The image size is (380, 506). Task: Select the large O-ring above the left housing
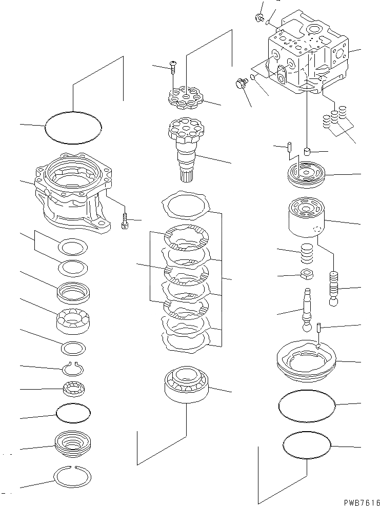[73, 126]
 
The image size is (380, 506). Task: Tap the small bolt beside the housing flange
[125, 222]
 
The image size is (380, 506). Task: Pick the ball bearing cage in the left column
[73, 321]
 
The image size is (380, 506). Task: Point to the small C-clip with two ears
[73, 368]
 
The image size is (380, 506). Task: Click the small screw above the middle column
[173, 65]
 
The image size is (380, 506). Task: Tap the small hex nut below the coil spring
[306, 274]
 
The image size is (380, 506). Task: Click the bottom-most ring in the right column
[307, 445]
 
